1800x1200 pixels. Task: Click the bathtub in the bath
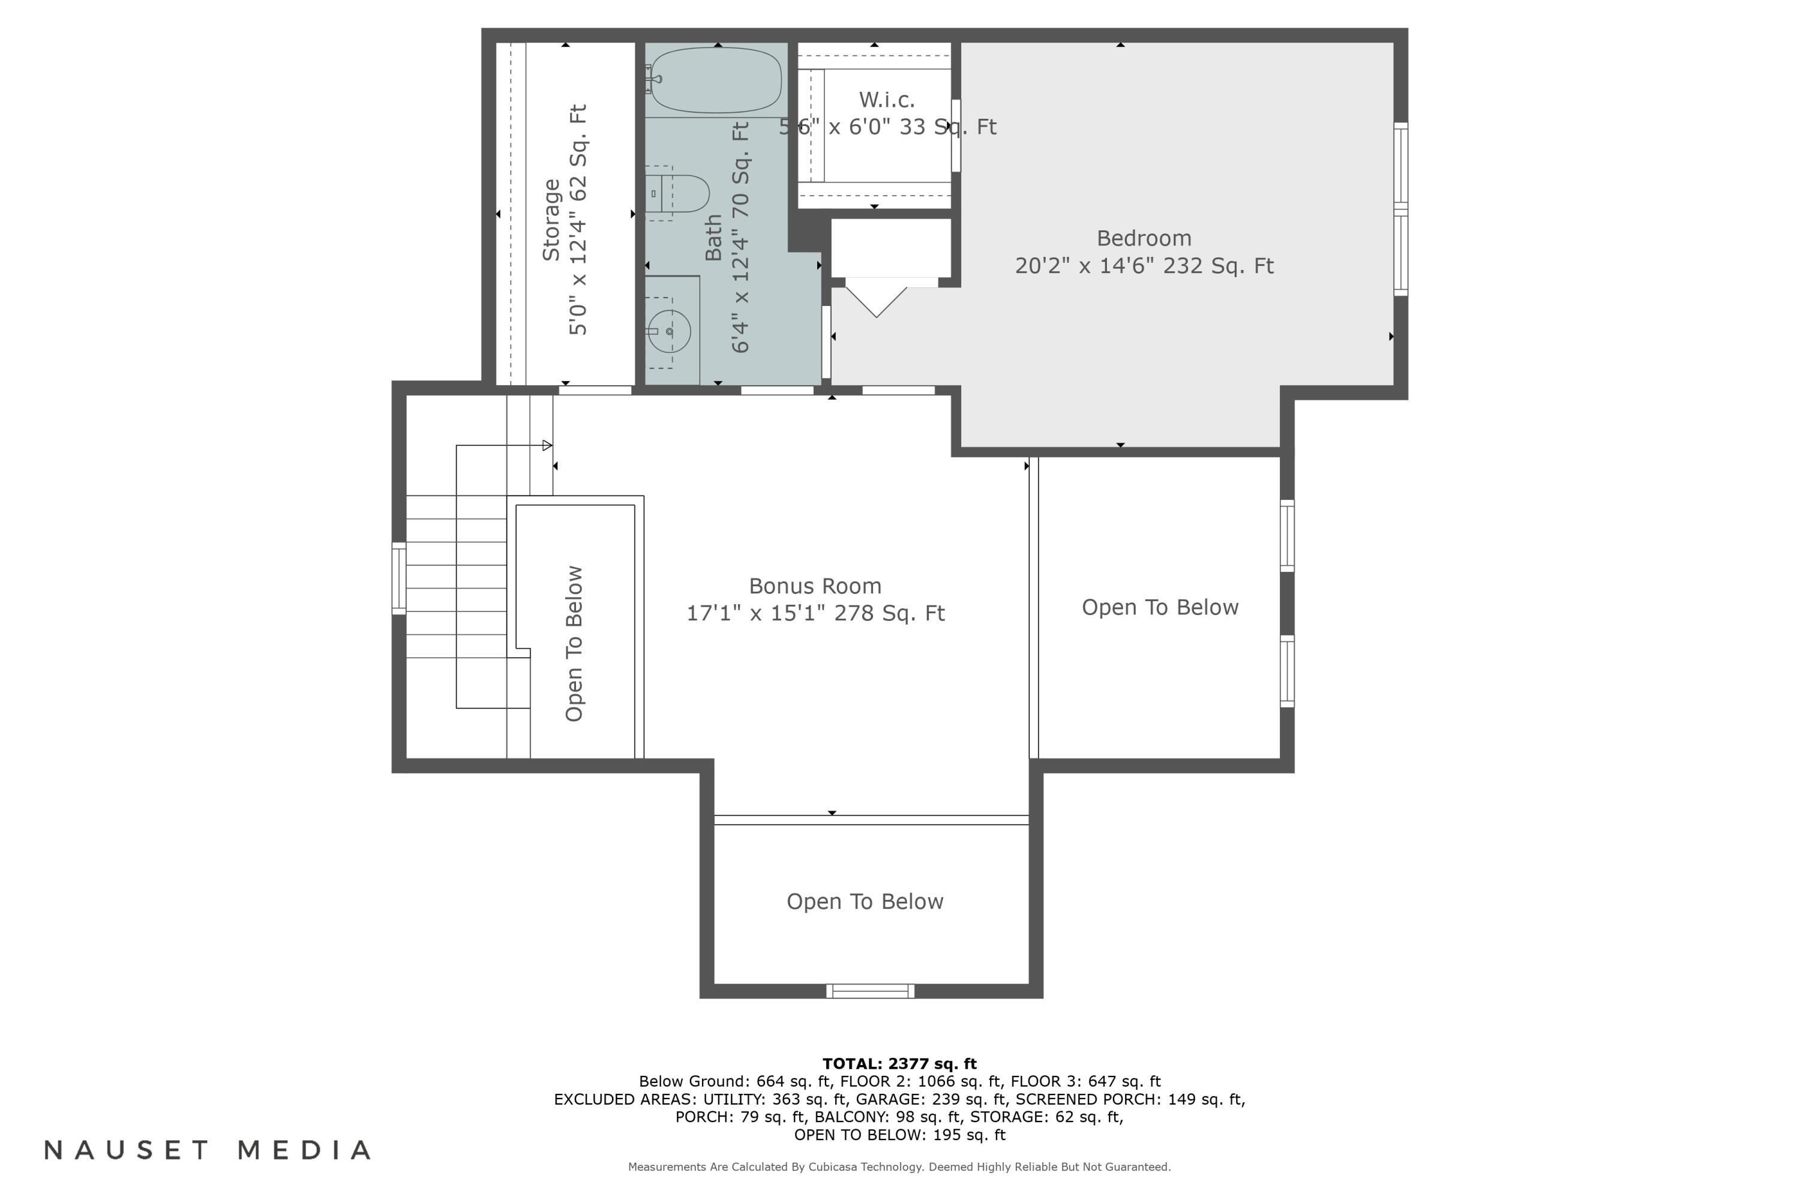tap(716, 80)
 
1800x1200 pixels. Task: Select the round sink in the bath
tap(670, 331)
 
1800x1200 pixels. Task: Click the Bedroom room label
tap(1144, 239)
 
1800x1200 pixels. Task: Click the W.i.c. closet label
tap(887, 100)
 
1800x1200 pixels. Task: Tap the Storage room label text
tap(551, 220)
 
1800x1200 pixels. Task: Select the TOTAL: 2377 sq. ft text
tap(899, 1063)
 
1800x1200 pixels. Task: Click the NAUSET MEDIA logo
tap(208, 1150)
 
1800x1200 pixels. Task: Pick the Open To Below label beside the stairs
tap(574, 644)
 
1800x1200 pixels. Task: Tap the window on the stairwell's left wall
tap(399, 578)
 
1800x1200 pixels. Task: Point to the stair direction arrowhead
tap(547, 445)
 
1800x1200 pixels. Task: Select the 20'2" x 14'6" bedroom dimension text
tap(1144, 266)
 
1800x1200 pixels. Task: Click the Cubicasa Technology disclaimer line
tap(899, 1167)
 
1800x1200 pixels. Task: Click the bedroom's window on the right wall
tap(1400, 209)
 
